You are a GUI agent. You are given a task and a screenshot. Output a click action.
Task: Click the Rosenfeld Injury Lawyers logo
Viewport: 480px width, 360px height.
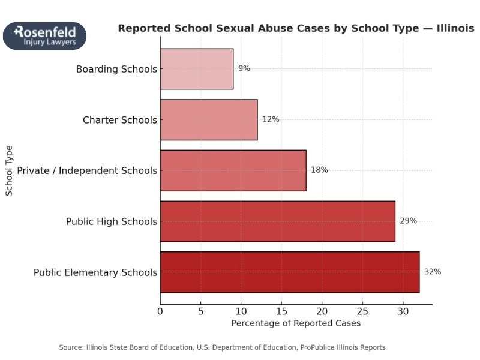pos(44,36)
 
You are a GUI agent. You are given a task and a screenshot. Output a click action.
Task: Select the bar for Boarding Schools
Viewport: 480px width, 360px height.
pos(197,69)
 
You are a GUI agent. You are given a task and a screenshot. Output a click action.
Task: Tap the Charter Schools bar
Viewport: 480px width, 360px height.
pos(209,119)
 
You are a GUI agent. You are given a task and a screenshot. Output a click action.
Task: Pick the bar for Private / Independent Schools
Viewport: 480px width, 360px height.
pos(233,170)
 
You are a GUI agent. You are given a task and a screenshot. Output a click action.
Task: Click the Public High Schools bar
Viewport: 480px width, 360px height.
pos(278,221)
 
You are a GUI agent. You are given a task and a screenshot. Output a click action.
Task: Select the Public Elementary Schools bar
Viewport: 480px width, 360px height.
pos(290,272)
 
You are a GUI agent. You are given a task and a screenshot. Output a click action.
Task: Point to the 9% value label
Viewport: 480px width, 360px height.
pos(244,68)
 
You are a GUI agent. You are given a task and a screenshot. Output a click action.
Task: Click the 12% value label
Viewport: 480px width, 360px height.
pos(271,119)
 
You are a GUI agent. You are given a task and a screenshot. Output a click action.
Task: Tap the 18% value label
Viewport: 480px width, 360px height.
pos(319,170)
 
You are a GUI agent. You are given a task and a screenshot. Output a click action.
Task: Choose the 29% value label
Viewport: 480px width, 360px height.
pos(408,221)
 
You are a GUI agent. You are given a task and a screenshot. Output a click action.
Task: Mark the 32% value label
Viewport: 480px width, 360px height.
pos(433,272)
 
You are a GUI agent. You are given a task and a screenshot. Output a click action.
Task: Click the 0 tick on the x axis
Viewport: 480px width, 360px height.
pos(160,311)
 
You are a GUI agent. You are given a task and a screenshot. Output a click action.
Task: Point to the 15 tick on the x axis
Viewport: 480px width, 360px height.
pos(281,311)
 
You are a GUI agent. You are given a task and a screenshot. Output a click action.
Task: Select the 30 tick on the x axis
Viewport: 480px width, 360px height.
pos(403,311)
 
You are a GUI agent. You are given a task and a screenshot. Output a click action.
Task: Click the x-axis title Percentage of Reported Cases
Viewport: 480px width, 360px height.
pos(296,323)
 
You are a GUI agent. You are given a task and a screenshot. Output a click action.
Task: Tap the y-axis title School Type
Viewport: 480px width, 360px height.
pos(9,170)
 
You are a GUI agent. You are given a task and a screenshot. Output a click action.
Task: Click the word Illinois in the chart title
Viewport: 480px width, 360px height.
pos(454,28)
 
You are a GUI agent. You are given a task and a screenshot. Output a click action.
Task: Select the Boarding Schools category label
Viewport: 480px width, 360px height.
pos(116,69)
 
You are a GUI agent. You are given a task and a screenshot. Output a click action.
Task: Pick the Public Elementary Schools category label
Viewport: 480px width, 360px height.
pos(95,272)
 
